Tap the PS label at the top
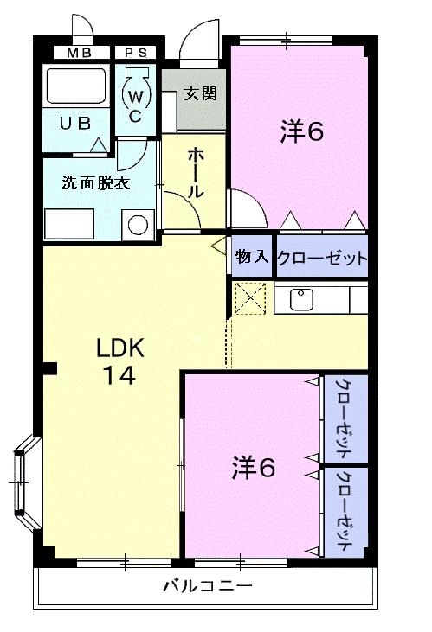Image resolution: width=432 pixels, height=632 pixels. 135,53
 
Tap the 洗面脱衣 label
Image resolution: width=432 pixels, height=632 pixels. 90,183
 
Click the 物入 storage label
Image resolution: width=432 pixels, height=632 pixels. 251,257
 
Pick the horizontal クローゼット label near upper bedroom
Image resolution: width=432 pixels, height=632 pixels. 322,258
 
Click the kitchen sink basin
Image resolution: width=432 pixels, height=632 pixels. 300,299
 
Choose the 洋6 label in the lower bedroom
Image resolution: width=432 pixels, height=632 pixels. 253,467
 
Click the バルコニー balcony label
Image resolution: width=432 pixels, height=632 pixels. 208,587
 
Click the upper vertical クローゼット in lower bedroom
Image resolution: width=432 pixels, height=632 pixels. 344,418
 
